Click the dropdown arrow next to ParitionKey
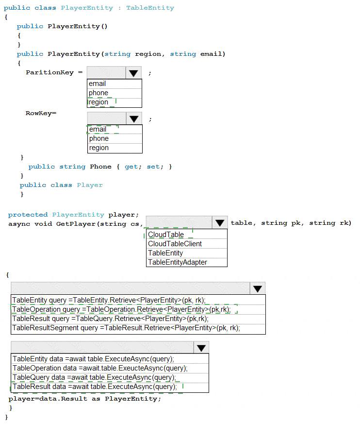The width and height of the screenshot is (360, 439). pos(133,73)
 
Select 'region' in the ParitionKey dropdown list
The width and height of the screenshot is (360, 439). pos(98,102)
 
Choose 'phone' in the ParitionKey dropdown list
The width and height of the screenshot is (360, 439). pos(98,93)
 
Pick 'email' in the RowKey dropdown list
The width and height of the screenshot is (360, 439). pos(98,129)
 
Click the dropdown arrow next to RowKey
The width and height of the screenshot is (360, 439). pos(134,118)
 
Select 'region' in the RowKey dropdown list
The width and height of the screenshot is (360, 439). pos(99,148)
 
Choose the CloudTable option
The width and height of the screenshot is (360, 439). pos(166,235)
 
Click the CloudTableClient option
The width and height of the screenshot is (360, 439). pos(175,244)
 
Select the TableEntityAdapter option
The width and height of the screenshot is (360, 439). pos(178,262)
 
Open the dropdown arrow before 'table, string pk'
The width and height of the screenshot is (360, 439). pos(220,223)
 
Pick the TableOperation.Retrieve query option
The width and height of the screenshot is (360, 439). pos(122,309)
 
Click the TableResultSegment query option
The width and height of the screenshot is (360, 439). pos(126,328)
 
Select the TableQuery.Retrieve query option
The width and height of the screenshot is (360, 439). pos(111,319)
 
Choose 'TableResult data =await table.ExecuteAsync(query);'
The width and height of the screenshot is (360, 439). pos(95,387)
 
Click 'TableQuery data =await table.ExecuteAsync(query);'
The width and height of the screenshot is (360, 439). pos(94,377)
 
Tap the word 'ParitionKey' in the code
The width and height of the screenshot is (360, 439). pos(50,72)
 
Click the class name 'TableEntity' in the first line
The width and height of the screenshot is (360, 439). pos(150,8)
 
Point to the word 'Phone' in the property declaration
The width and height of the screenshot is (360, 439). pos(101,167)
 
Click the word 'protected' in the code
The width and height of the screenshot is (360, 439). pos(28,215)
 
